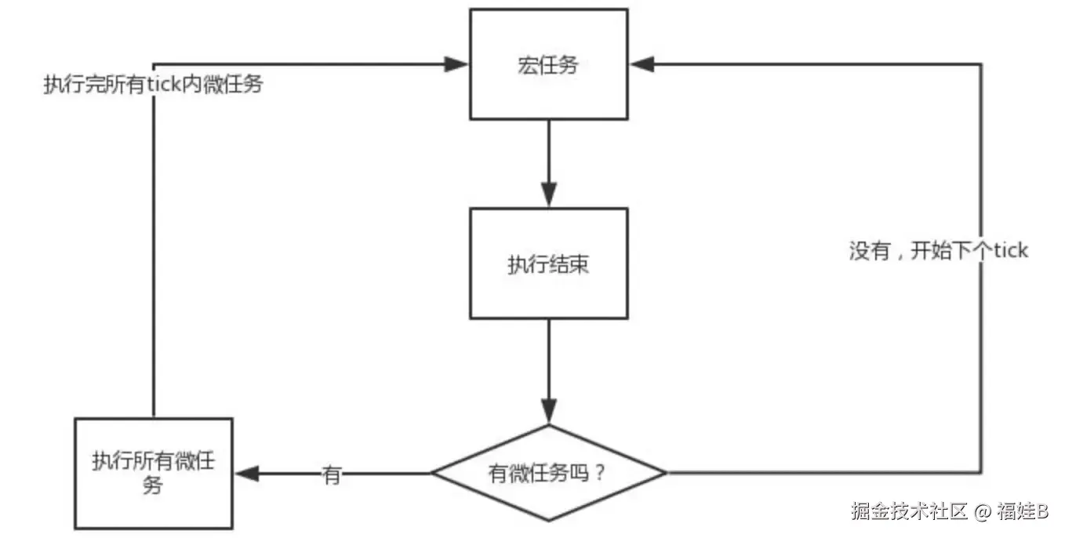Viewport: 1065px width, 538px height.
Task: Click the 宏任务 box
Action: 548,64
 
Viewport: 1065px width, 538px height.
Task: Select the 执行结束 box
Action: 548,264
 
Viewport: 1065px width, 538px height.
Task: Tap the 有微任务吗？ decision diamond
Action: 548,473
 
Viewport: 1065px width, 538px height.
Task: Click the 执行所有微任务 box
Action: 154,473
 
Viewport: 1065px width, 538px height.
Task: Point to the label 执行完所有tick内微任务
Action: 153,85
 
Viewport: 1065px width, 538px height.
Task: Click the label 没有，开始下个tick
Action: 938,251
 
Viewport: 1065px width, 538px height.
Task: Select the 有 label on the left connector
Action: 332,474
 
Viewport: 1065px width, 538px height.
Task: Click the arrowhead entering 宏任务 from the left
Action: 457,64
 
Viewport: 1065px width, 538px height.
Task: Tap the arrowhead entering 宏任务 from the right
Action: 642,64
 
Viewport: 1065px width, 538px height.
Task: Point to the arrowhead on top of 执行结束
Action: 548,196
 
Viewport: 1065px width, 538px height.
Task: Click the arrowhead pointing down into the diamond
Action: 548,413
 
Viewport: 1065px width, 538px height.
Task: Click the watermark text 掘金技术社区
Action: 909,511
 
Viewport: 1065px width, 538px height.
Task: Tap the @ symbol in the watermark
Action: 983,511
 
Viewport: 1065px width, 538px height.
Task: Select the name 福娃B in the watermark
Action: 1023,511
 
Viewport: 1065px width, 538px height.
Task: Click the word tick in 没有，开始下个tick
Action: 1010,251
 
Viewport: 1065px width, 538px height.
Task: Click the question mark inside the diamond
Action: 601,474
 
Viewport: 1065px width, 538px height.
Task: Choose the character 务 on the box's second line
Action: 153,485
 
